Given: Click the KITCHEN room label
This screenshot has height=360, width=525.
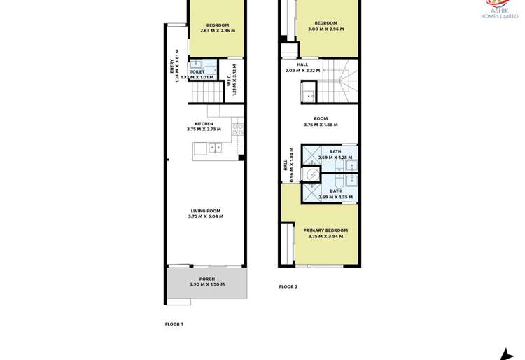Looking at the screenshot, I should pos(204,123).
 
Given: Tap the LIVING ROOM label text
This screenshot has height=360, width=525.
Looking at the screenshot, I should pos(205,210).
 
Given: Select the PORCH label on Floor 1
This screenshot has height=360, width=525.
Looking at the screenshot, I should pos(206,279).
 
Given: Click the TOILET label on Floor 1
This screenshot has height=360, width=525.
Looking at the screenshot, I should pos(197,71).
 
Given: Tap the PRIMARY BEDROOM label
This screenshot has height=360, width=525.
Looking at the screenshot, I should pos(325,230).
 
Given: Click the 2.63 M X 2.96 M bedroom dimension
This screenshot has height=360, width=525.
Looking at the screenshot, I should pos(218,31).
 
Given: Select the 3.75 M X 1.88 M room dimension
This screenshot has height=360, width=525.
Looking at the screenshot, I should pos(321,125).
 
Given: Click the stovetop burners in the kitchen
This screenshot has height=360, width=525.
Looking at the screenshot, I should pos(238,128).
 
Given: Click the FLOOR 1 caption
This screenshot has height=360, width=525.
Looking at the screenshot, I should pos(174,324).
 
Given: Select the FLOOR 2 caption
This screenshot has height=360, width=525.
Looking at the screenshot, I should pos(288,286).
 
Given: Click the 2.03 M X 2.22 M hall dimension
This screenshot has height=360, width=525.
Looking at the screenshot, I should pos(302,70).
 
